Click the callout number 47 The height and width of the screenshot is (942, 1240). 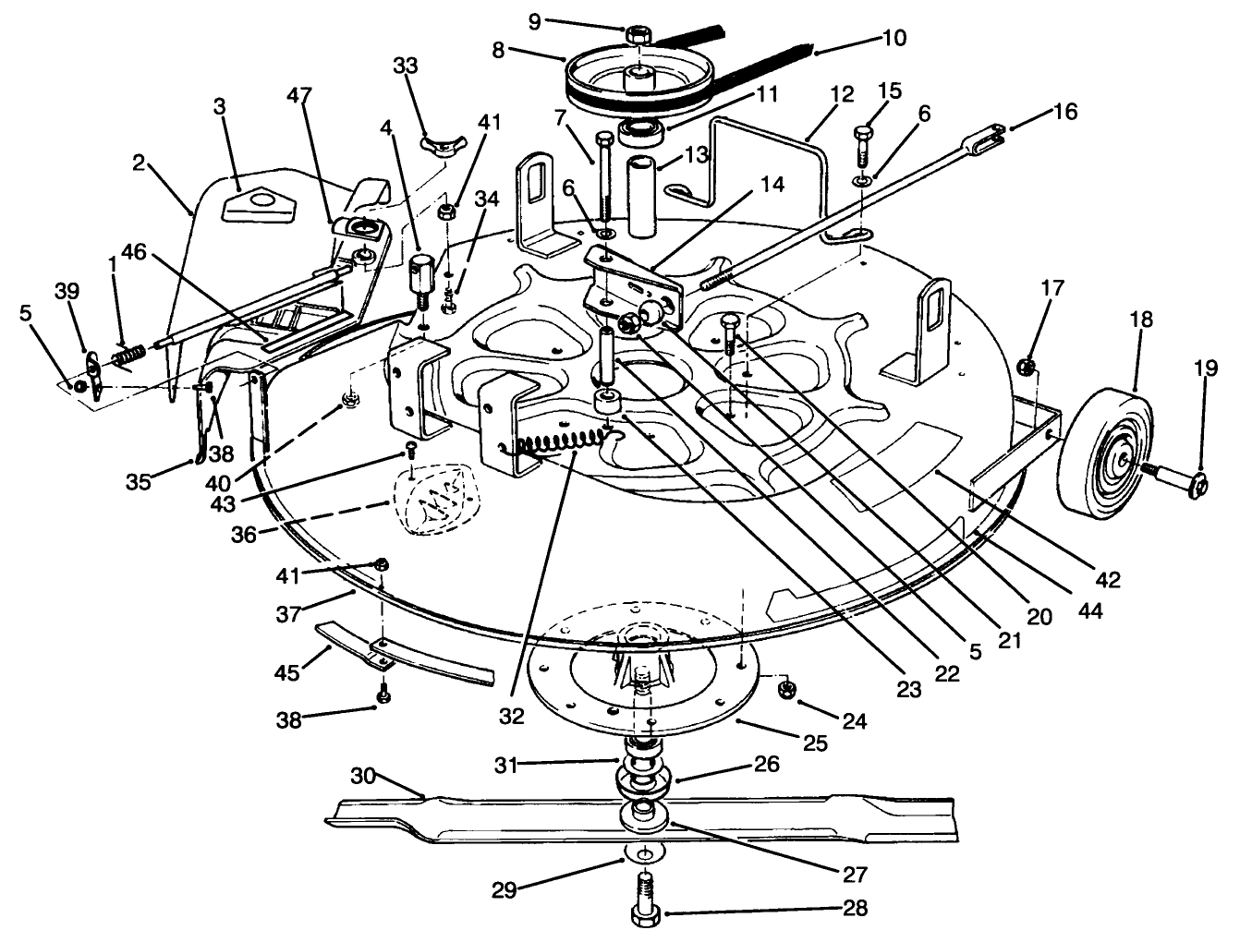299,95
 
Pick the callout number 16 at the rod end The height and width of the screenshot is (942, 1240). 1064,112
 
